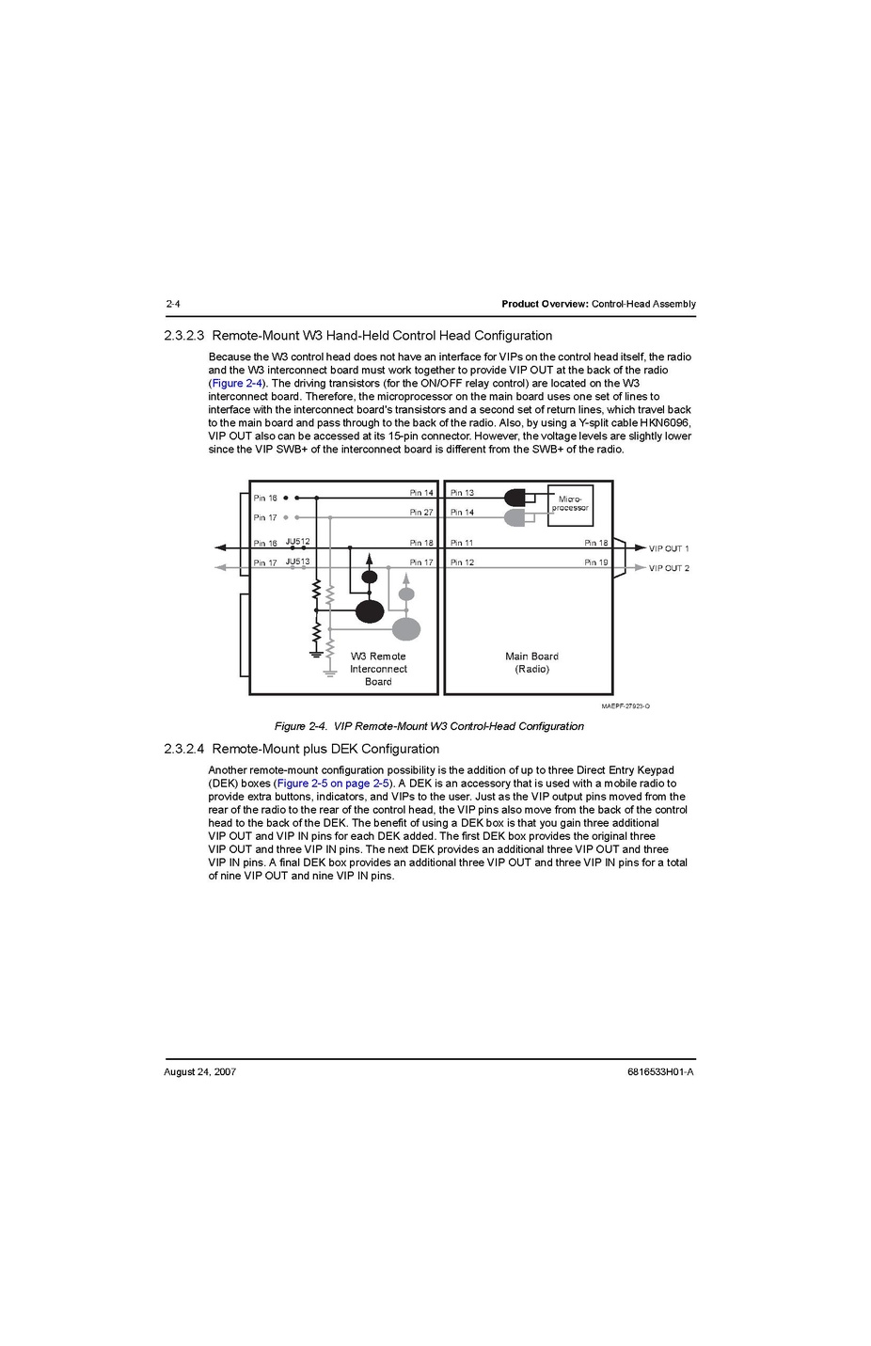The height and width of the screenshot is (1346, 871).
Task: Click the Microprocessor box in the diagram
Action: [570, 503]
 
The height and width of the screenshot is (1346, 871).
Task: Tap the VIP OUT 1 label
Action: [669, 548]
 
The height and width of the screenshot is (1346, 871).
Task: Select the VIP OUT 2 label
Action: [669, 568]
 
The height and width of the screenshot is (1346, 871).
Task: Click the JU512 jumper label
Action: [297, 542]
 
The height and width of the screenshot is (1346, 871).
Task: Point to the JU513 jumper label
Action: [297, 562]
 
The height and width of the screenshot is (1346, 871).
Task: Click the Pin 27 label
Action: [421, 513]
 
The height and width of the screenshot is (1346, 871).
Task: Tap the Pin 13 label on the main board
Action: [462, 493]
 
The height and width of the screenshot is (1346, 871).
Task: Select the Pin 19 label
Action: [596, 562]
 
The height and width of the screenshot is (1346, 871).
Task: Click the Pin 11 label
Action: [462, 543]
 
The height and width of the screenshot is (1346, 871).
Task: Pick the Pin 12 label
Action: [462, 562]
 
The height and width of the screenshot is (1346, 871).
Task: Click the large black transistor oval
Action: [370, 611]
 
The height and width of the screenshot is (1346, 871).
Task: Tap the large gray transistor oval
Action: [406, 629]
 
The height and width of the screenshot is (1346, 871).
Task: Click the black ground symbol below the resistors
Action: [316, 651]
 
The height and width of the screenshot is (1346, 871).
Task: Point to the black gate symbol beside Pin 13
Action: [515, 498]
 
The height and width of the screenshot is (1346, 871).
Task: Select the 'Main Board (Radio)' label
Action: [531, 663]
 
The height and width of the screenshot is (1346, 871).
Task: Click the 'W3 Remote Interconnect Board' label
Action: [378, 669]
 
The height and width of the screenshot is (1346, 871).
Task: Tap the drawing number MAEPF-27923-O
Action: [626, 705]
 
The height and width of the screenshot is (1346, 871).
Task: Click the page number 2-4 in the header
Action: [172, 304]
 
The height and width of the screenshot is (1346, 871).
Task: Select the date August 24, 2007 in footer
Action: [199, 1071]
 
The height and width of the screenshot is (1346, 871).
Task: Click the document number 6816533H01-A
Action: [659, 1071]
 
